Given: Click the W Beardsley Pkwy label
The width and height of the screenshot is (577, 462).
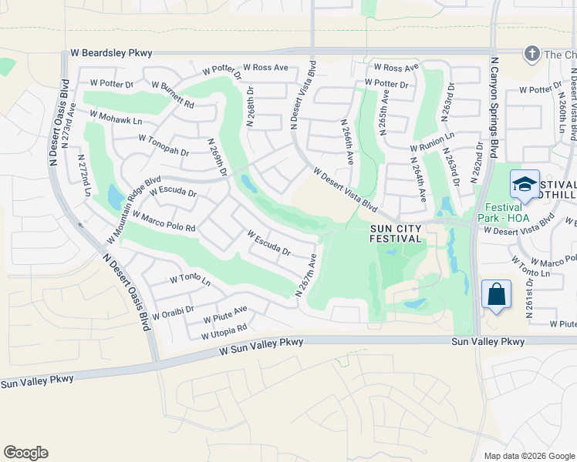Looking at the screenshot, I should click(111, 53).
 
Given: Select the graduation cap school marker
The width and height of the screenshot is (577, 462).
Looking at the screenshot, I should click(525, 185).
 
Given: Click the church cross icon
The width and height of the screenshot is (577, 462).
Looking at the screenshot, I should click(531, 54).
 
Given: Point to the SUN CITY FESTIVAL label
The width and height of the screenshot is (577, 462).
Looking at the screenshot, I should click(396, 233).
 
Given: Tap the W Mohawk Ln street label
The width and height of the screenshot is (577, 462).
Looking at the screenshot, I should click(116, 117).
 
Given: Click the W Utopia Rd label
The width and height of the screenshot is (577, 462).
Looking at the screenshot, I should click(224, 332).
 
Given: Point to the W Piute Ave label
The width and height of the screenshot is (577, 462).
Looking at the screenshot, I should click(225, 314).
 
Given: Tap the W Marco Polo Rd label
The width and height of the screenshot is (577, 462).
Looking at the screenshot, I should click(164, 221).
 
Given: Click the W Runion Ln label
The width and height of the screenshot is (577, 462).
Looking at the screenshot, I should click(432, 141).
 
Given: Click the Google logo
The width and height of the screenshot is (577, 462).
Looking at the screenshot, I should click(25, 453).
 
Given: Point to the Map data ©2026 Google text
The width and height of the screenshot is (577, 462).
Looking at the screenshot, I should click(528, 456).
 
